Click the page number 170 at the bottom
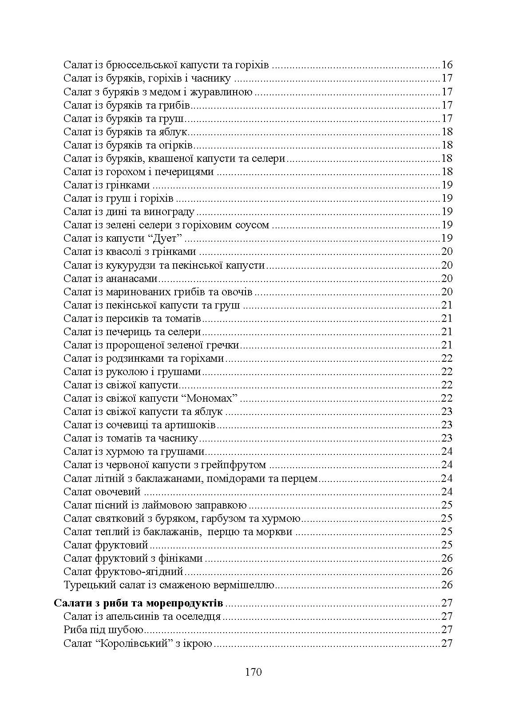253,672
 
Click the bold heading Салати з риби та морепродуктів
139,603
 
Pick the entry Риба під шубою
103,630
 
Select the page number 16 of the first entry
447,65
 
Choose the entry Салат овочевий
102,491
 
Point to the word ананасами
132,278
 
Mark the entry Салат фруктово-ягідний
123,571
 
